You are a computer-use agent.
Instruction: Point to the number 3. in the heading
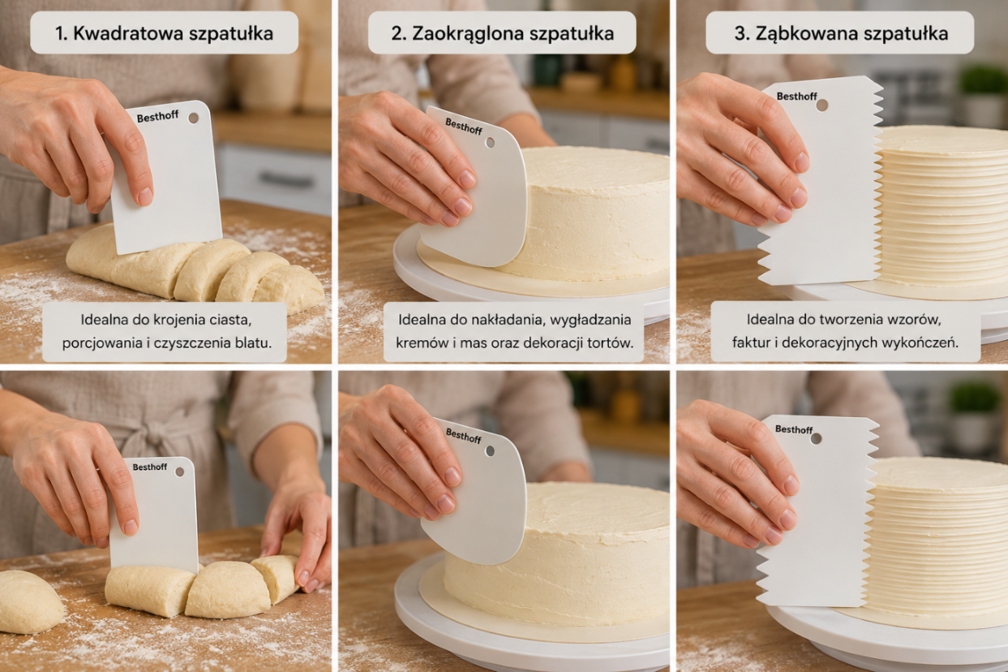click(x=741, y=34)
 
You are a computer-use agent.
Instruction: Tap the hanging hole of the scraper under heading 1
click(x=194, y=118)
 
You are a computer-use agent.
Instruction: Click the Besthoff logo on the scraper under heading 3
click(x=796, y=96)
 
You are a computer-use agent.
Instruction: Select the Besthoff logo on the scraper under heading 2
click(x=464, y=127)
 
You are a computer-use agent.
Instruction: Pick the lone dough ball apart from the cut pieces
click(x=30, y=601)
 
